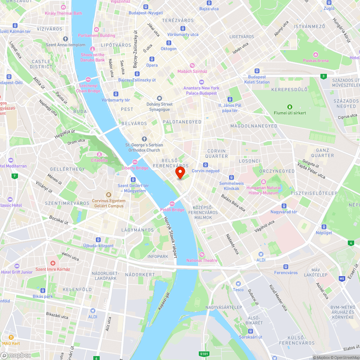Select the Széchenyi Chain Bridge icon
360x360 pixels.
(88, 80)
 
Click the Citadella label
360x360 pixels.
(99, 160)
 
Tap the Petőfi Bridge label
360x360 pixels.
(172, 210)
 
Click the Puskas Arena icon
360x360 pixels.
(316, 55)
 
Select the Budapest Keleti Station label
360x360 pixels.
(259, 80)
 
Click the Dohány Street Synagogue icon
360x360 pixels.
(159, 98)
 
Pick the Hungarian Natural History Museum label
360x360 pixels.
(264, 190)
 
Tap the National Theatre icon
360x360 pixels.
(202, 255)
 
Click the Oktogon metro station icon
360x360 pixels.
(168, 43)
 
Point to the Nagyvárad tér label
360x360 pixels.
(284, 212)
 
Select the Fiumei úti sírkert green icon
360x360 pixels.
(289, 107)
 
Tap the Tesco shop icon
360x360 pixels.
(238, 284)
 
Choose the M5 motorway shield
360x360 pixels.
(342, 278)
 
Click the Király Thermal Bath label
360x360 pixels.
(63, 13)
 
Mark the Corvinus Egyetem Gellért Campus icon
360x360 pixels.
(109, 195)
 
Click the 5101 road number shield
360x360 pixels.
(203, 354)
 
